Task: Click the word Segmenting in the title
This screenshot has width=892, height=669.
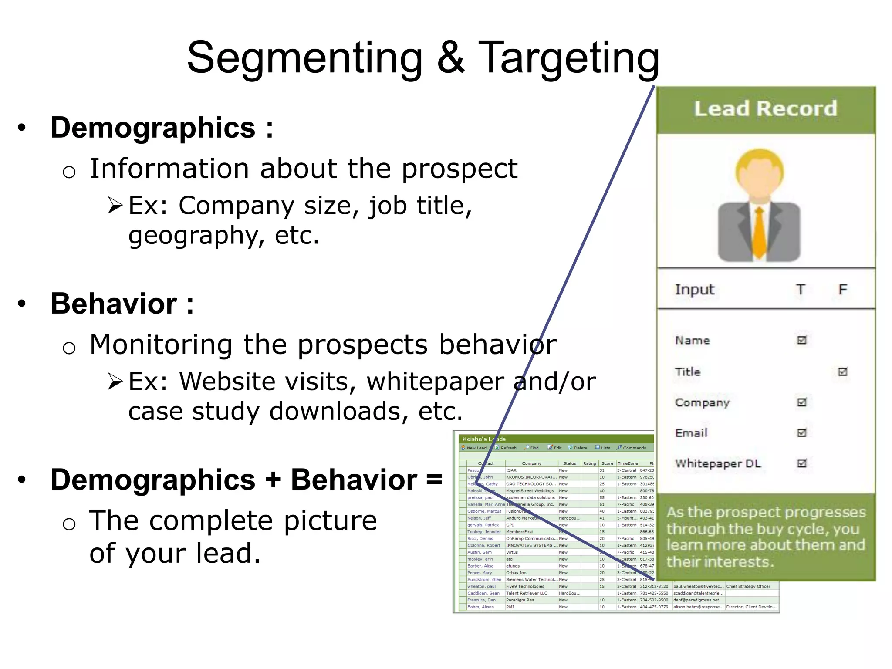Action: (305, 58)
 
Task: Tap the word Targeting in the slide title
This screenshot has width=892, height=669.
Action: (568, 58)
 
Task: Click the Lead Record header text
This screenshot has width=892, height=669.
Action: (765, 108)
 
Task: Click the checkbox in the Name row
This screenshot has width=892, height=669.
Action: (802, 340)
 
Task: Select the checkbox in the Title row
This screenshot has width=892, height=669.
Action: (843, 372)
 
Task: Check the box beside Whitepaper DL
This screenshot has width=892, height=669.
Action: (802, 463)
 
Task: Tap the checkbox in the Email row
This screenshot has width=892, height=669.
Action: (802, 433)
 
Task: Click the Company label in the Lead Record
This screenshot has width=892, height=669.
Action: (702, 403)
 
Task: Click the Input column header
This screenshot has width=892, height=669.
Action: (695, 290)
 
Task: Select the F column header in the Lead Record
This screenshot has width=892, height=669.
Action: (843, 290)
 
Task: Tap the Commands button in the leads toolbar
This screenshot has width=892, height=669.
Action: (632, 448)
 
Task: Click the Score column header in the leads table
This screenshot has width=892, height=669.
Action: (607, 463)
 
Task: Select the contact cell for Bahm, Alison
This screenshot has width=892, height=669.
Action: (481, 607)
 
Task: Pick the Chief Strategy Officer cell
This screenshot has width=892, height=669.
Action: (748, 586)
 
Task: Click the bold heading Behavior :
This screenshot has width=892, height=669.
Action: (122, 304)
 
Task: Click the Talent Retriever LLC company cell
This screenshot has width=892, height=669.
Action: (527, 593)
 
